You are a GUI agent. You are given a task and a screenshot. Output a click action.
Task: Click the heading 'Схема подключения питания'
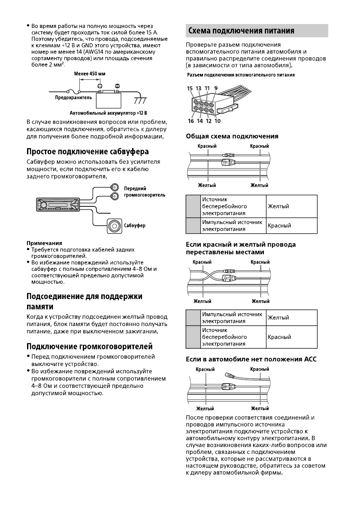[x=241, y=31]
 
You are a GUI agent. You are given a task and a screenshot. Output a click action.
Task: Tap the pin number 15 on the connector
[x=190, y=88]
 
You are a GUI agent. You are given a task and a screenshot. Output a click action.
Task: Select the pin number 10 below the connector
[x=218, y=121]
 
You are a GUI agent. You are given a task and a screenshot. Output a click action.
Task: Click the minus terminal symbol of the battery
[x=117, y=85]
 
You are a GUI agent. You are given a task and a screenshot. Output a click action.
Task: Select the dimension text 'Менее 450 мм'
[x=90, y=74]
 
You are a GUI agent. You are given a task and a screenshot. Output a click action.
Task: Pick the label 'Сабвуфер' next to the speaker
[x=135, y=225]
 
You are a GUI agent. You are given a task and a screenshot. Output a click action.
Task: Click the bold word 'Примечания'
[x=44, y=243]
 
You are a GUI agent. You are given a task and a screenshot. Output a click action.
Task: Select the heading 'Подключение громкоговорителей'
[x=90, y=346]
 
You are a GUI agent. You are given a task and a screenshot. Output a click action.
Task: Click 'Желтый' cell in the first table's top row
[x=278, y=206]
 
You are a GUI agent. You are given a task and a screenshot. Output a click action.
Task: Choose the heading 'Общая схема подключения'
[x=232, y=136]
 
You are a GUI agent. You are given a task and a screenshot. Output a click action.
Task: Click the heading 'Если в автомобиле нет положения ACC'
[x=251, y=359]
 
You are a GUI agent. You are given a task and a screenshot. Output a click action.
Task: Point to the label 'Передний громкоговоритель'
[x=144, y=191]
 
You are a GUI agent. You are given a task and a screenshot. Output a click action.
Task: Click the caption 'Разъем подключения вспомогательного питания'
[x=241, y=75]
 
